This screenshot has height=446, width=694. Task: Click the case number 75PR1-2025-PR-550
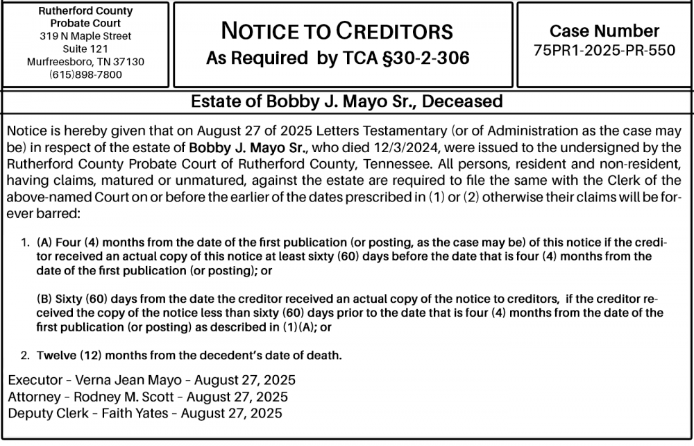point(604,51)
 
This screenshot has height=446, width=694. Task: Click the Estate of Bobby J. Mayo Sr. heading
point(346,101)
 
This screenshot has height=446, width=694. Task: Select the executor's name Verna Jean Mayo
point(126,380)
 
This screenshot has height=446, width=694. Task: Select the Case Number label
point(604,31)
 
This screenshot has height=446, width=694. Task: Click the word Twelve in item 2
point(56,356)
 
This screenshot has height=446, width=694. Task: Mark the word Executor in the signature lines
point(32,380)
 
